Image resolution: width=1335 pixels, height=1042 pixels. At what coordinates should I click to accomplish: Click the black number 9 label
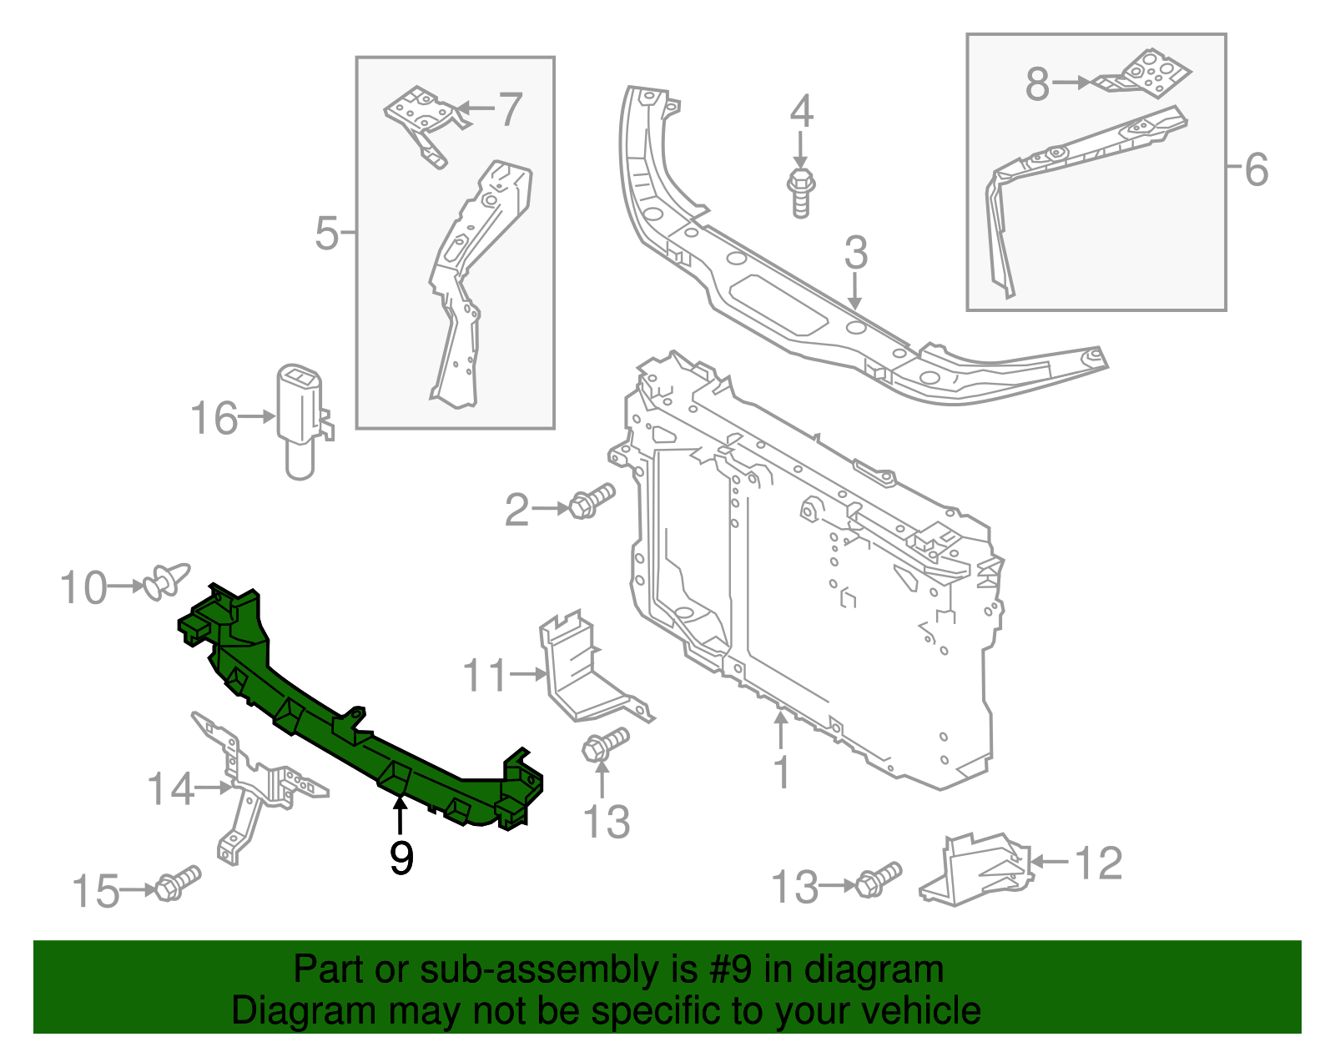click(x=401, y=857)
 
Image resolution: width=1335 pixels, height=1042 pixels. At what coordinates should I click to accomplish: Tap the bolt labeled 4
click(x=800, y=192)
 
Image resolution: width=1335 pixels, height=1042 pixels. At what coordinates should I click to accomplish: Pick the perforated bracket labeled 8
click(x=1147, y=75)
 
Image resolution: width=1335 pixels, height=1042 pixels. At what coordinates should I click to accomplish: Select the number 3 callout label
click(x=856, y=253)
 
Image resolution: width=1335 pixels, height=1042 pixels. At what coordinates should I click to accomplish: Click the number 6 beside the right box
click(x=1257, y=169)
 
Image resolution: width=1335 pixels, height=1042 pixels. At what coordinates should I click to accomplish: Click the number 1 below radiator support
click(x=782, y=772)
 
